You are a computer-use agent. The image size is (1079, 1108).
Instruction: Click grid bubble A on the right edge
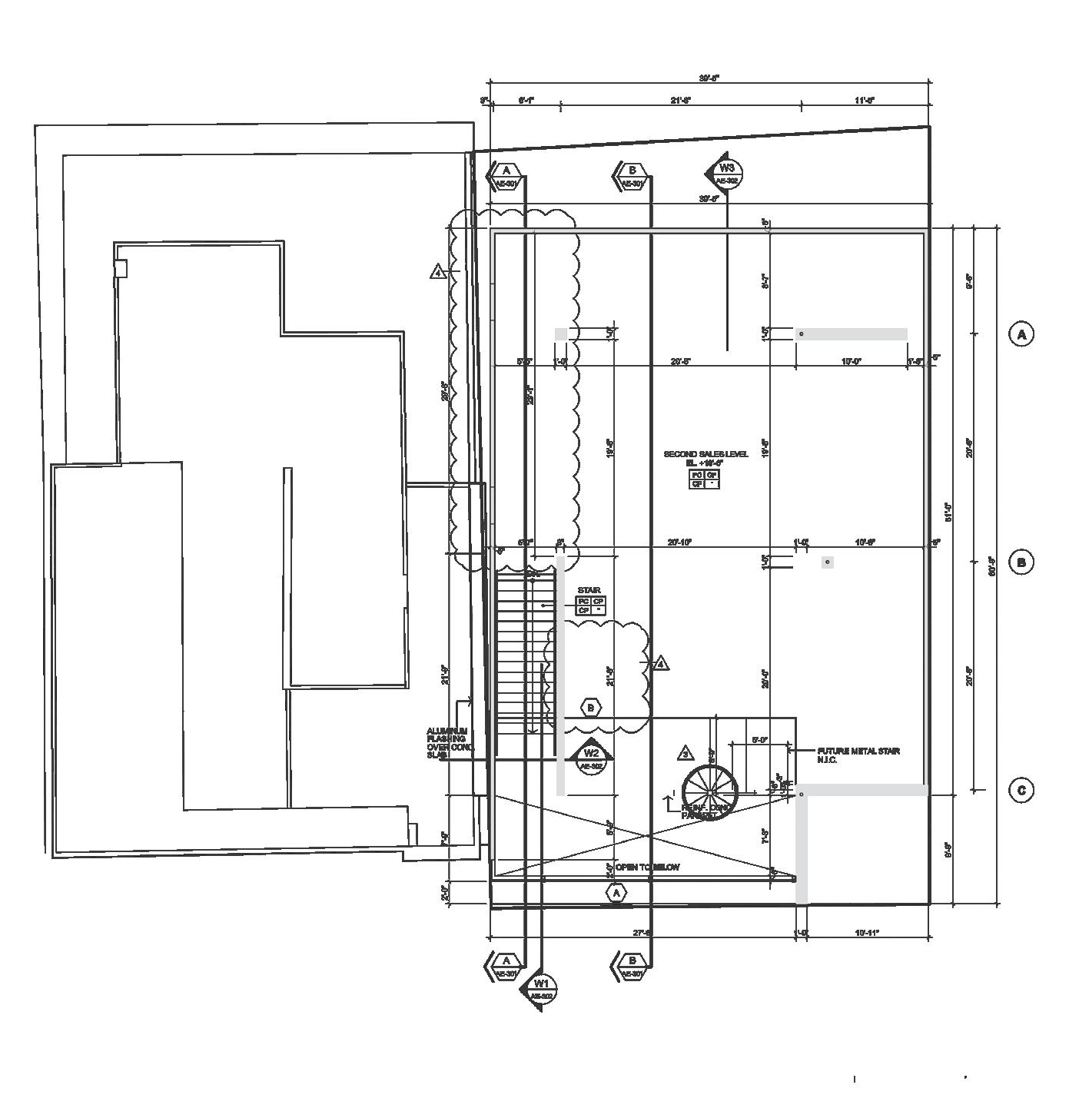click(x=1021, y=334)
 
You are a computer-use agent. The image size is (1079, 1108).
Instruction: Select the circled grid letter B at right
click(x=1021, y=562)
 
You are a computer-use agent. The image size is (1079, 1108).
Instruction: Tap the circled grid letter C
click(x=1021, y=791)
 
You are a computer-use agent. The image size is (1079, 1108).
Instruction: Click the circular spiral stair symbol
click(x=711, y=792)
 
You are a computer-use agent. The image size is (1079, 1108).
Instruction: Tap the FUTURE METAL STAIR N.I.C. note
click(x=858, y=755)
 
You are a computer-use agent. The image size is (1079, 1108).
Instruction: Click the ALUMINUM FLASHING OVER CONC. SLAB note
click(x=450, y=743)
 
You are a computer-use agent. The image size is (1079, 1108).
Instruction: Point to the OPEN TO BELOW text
click(x=647, y=867)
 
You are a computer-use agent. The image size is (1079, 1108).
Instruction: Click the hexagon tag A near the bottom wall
click(x=616, y=893)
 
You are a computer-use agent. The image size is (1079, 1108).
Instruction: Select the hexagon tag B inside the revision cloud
click(x=590, y=708)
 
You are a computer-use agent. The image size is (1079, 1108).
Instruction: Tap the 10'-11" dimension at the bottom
click(x=866, y=933)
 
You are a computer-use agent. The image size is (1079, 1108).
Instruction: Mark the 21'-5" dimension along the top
click(x=681, y=101)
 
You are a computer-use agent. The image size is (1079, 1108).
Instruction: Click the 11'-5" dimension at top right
click(x=865, y=101)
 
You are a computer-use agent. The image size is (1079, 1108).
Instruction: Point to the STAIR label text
click(x=589, y=590)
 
